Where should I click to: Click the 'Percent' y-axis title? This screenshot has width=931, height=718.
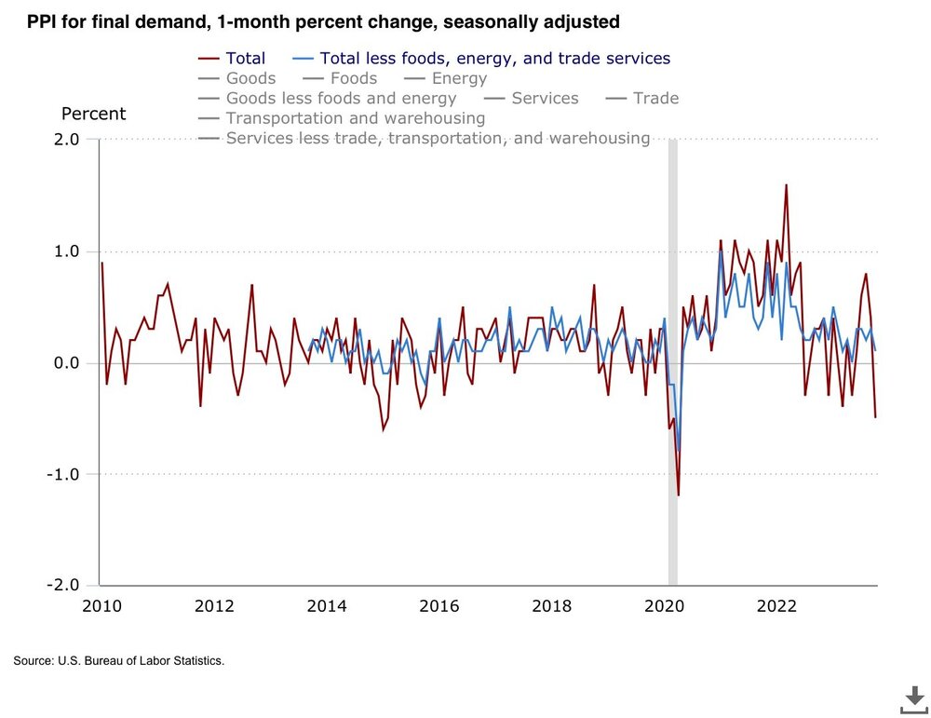(x=93, y=115)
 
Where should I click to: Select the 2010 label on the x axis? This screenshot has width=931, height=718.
(x=101, y=606)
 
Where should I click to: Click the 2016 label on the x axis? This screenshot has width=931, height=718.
(x=439, y=606)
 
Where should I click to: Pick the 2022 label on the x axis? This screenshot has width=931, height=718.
(x=776, y=606)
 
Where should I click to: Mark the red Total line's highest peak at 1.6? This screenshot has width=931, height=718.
(x=786, y=184)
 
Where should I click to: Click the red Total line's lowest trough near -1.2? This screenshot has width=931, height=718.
(x=678, y=495)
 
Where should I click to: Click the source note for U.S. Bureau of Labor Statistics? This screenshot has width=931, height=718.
(x=119, y=661)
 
